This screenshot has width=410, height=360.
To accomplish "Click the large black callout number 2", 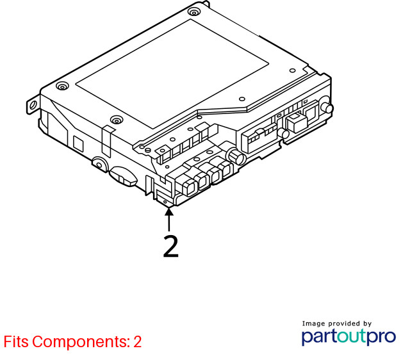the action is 171,246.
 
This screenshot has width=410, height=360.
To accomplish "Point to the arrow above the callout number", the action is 169,219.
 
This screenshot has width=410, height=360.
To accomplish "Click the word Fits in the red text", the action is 16,341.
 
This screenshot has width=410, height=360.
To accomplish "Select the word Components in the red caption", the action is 81,342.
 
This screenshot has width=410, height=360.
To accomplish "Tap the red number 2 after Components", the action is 138,341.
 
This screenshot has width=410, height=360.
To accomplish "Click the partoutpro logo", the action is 348,337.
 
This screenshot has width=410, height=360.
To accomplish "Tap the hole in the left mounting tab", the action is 33,105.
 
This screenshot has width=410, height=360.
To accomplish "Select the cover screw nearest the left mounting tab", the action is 62,86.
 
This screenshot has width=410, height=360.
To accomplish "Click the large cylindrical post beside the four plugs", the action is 236,156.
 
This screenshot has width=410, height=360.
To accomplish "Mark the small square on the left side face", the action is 78,143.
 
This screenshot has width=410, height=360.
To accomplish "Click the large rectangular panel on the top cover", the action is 172,74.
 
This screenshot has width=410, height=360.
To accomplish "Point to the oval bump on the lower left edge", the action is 123,176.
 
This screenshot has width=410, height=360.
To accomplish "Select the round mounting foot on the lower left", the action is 100,164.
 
